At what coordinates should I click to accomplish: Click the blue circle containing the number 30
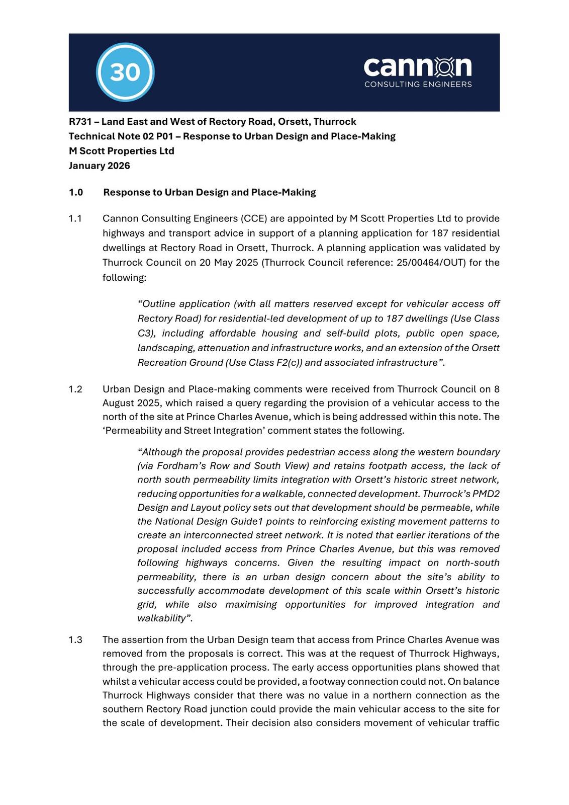(x=125, y=72)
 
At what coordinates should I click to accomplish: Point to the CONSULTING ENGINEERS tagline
(x=418, y=84)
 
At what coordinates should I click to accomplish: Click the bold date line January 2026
(x=99, y=166)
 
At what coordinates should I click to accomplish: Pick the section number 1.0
(x=76, y=192)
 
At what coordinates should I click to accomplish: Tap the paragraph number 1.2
(x=75, y=389)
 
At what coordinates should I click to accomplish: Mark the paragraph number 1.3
(x=75, y=639)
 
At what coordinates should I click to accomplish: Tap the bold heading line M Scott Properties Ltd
(x=122, y=151)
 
